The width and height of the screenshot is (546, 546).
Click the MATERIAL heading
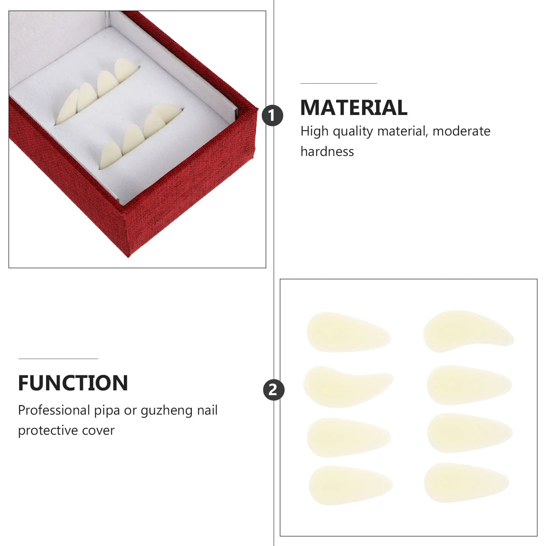coord(354,108)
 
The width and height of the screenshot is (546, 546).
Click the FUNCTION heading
coord(73,383)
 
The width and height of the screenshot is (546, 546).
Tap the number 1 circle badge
coord(272,116)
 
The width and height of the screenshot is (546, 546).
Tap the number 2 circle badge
coord(273,390)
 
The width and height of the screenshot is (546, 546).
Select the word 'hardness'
coord(327,152)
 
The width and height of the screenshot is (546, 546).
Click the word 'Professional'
coord(54,410)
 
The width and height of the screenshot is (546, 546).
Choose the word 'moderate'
coord(461,131)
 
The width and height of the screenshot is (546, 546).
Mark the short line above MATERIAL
coord(339,83)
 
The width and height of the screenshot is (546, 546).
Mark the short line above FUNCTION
coord(58,359)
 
